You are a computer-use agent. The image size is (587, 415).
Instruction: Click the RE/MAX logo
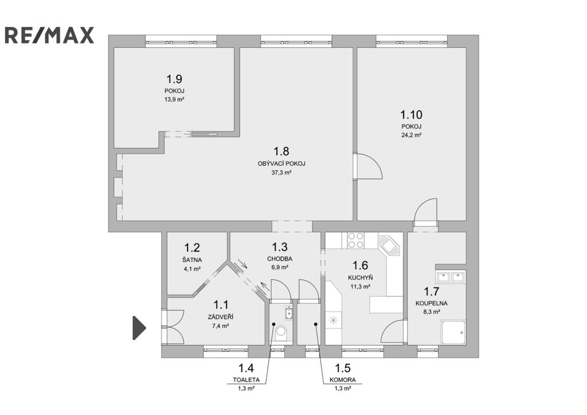click(49, 35)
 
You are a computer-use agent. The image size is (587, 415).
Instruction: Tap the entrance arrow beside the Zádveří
click(139, 328)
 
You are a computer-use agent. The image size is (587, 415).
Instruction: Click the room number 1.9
click(174, 79)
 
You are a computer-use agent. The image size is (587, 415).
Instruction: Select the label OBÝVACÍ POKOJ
click(281, 164)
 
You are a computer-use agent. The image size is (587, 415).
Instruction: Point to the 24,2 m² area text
click(412, 135)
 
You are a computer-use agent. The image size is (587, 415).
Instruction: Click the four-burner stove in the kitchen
click(355, 241)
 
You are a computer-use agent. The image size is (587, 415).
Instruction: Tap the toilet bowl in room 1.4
click(280, 333)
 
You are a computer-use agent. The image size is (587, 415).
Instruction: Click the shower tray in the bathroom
click(453, 332)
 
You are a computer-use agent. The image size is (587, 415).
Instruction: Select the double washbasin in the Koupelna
click(451, 277)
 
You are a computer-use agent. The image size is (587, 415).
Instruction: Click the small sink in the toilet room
click(288, 313)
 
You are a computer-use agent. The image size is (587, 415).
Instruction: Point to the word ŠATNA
click(192, 260)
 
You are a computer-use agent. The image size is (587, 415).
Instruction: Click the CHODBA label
click(280, 259)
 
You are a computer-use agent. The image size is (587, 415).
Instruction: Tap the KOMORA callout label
click(343, 380)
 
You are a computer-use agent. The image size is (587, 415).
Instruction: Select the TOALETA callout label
click(246, 380)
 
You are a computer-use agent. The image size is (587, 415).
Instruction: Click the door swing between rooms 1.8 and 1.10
click(367, 166)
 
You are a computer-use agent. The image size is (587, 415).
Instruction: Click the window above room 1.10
click(412, 41)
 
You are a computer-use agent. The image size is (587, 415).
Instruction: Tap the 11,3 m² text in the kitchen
click(360, 287)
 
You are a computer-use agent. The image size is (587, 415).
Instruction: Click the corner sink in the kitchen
click(390, 245)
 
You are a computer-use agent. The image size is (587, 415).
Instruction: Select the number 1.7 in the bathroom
click(431, 291)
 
